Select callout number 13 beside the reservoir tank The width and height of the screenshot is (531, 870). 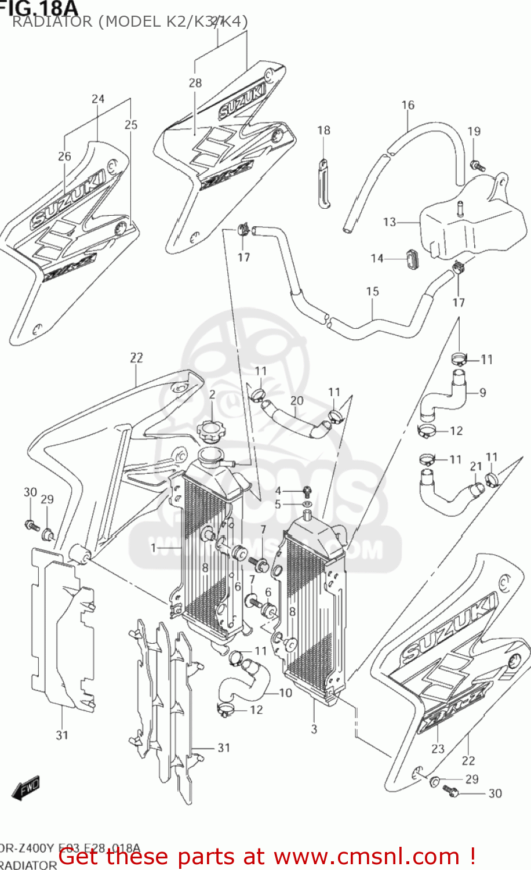coord(389,222)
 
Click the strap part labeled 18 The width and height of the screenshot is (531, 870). coord(323,183)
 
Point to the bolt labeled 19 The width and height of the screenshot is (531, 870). coord(477,166)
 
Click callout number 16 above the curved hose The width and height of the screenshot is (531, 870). coord(408,105)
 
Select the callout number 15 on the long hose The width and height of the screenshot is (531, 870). coord(372,291)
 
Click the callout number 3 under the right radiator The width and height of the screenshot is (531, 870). coord(314,729)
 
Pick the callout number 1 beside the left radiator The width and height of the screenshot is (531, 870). coord(154,548)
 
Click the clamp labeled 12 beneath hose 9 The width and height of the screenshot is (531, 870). coord(427,430)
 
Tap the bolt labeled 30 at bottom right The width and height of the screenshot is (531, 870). coord(450,789)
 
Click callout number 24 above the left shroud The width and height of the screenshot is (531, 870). coord(98,99)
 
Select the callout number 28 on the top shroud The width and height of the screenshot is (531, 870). coord(195,83)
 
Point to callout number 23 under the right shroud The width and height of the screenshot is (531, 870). coord(438,749)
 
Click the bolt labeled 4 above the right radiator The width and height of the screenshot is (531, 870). coord(307,491)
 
